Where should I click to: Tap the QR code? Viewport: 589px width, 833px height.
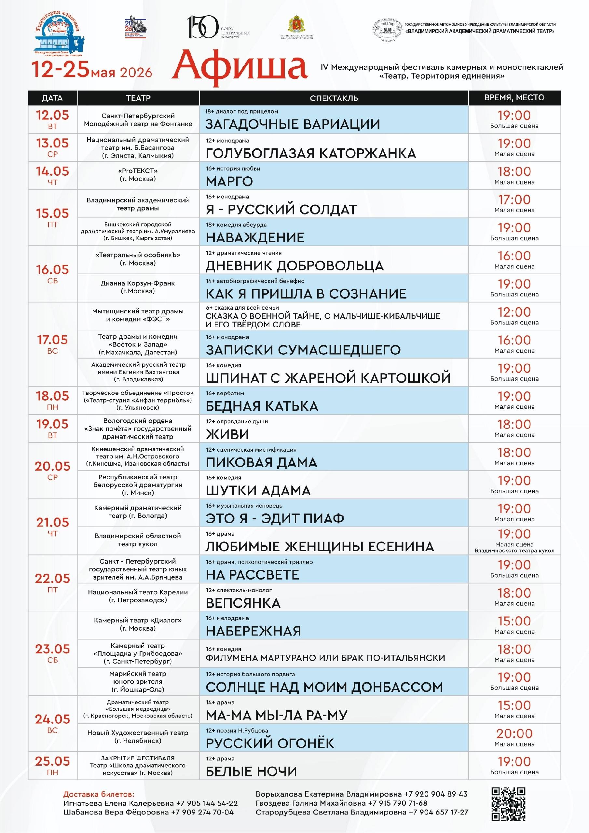[508, 804]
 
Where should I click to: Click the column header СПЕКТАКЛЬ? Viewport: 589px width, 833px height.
[334, 98]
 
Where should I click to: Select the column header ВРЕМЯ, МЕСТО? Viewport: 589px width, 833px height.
[514, 97]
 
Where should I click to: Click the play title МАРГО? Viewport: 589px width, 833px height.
[229, 181]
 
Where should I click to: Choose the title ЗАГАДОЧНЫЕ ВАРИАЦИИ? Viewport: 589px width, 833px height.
[293, 124]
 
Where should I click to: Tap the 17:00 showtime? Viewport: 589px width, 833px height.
[514, 199]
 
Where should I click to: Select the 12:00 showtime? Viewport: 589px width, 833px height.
[514, 312]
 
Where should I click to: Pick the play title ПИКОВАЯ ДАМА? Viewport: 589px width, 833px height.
[261, 462]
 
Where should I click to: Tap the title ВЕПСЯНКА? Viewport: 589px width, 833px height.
[243, 603]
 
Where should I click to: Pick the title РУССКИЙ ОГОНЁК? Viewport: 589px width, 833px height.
[270, 743]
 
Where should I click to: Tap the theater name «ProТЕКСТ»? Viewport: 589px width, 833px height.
[138, 171]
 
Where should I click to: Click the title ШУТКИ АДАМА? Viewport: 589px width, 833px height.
[258, 490]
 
